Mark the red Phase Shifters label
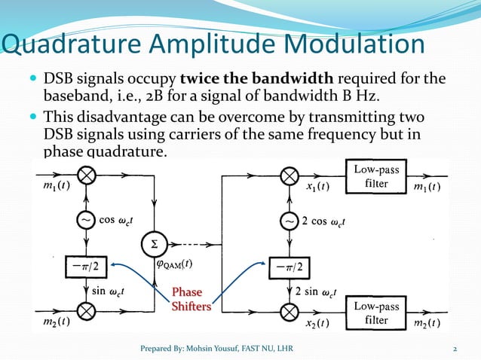click(x=188, y=299)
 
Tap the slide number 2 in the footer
click(x=455, y=348)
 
